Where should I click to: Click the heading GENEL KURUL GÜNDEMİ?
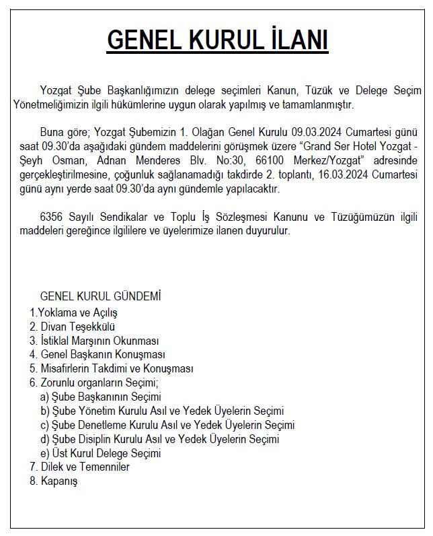coord(101,296)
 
